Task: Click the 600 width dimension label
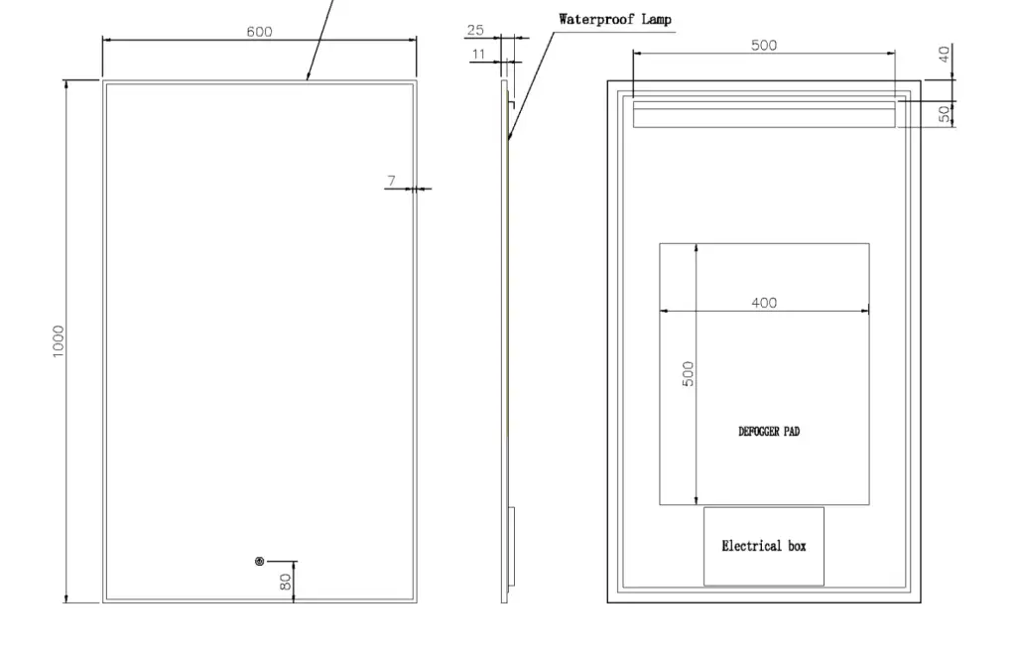(259, 32)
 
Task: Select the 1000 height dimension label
(59, 341)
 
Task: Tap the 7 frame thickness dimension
(391, 181)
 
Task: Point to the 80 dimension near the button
(286, 582)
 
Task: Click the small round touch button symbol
(259, 561)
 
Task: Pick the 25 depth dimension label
(475, 30)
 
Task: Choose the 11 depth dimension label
(479, 54)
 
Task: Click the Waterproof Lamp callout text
(615, 20)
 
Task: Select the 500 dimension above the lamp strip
(764, 46)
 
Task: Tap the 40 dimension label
(945, 54)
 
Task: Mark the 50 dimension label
(945, 113)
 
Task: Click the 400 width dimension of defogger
(764, 303)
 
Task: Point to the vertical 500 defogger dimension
(689, 374)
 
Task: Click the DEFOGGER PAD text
(769, 432)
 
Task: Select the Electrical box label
(764, 546)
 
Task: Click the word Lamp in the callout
(657, 20)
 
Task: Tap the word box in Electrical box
(797, 546)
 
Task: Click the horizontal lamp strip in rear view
(764, 114)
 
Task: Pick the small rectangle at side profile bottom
(511, 546)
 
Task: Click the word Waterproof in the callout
(596, 20)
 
